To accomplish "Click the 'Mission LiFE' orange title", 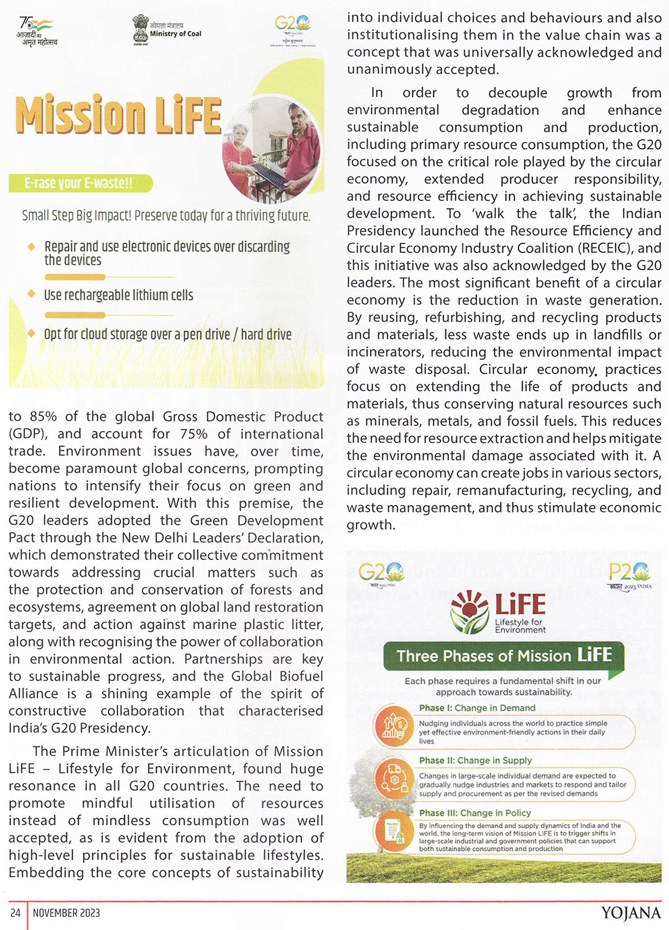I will (118, 115).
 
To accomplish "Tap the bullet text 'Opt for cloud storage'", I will (167, 334).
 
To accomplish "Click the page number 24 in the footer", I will (15, 913).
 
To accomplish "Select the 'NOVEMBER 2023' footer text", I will (66, 913).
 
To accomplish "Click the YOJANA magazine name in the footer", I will (630, 913).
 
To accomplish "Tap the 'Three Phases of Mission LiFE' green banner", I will (503, 655).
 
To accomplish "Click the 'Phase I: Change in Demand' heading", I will (477, 708).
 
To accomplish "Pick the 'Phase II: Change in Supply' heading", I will (475, 760).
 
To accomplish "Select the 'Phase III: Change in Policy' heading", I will (475, 813).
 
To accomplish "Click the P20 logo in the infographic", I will (630, 573).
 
